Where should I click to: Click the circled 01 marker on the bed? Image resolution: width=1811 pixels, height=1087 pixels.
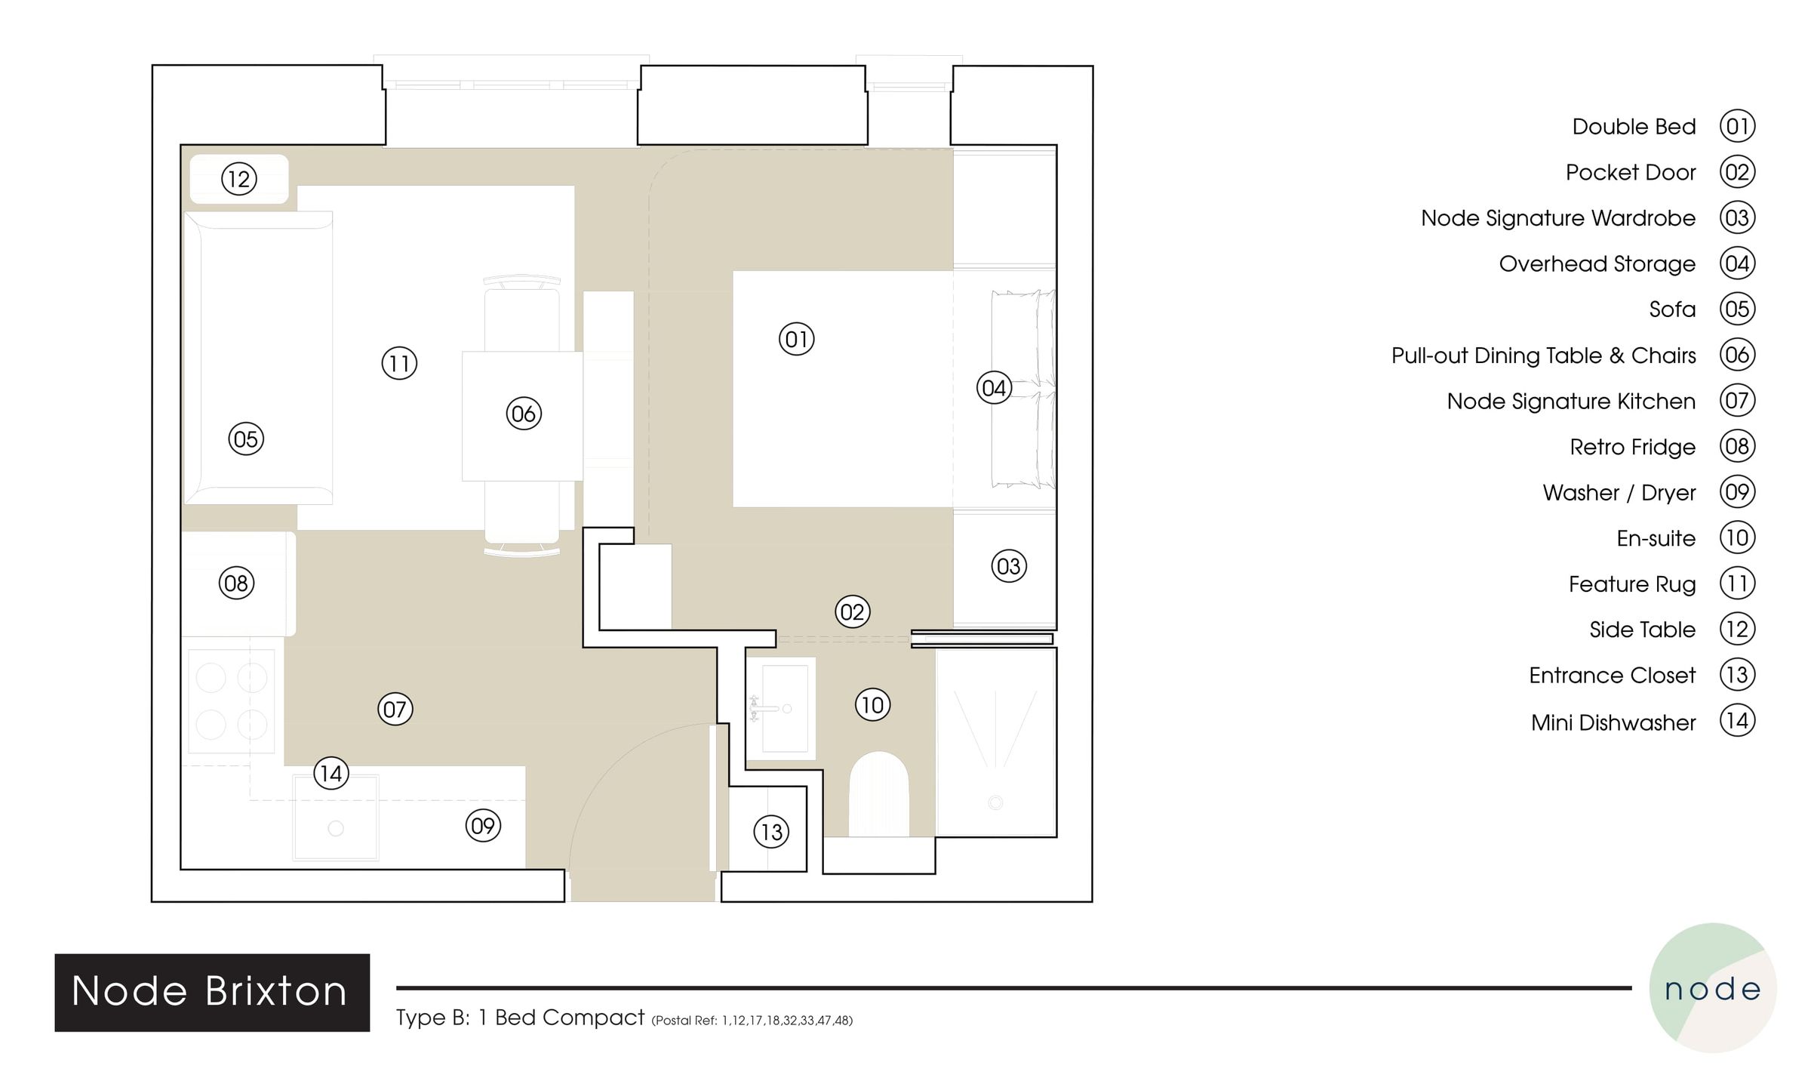click(796, 339)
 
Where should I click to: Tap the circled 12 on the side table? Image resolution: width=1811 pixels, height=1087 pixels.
click(238, 179)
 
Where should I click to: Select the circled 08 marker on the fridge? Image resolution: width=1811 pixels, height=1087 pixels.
click(236, 583)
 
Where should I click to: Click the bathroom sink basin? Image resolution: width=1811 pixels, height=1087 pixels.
click(784, 708)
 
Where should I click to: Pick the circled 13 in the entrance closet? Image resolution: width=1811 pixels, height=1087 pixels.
click(771, 832)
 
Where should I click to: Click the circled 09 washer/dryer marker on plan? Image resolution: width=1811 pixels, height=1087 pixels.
click(483, 826)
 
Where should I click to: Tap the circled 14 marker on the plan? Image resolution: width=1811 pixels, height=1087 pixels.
click(331, 773)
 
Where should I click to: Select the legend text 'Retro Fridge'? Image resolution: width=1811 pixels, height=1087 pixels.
click(1632, 447)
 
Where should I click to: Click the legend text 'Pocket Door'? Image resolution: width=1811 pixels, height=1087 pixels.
click(1630, 172)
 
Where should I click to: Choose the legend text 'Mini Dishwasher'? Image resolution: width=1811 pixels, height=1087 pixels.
click(1613, 722)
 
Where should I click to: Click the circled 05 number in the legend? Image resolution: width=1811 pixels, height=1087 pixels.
click(1737, 309)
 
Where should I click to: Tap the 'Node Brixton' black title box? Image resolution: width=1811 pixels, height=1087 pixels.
click(212, 992)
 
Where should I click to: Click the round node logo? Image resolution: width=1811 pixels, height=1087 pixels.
click(1713, 987)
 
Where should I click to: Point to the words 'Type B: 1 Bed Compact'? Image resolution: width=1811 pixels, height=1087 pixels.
click(520, 1018)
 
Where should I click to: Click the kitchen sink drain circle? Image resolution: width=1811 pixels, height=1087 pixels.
click(336, 829)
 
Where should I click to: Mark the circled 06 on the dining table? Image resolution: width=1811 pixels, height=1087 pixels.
click(524, 413)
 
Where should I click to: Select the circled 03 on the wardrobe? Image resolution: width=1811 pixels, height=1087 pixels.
click(1008, 566)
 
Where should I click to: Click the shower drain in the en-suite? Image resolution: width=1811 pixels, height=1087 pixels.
click(995, 802)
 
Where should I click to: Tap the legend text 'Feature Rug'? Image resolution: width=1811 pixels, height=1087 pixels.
click(1631, 584)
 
